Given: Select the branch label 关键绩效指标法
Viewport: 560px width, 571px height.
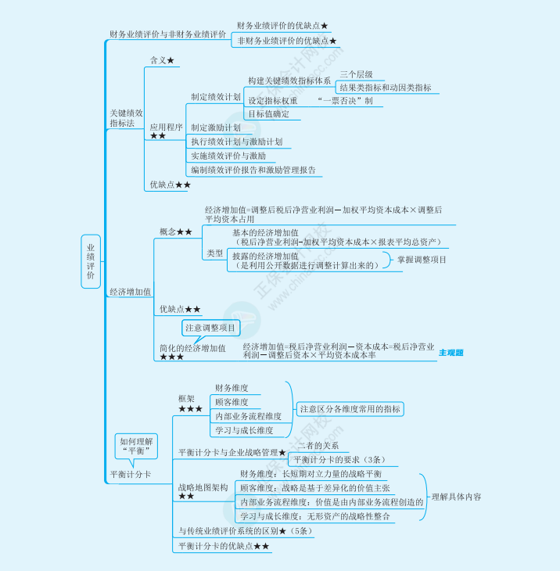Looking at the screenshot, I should click(126, 118).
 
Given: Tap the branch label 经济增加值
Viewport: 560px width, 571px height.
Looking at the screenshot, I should click(130, 292).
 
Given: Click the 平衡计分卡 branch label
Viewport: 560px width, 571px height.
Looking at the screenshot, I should click(130, 474).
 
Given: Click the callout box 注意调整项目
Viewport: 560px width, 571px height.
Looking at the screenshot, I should click(210, 328).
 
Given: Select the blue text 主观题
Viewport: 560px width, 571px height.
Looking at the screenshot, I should click(451, 353).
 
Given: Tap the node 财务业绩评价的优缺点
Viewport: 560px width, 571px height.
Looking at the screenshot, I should click(282, 27).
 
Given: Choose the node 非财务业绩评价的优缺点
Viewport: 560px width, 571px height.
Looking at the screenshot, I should click(286, 41).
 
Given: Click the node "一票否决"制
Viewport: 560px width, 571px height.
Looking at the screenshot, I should click(346, 101).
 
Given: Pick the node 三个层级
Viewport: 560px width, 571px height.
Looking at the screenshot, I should click(356, 74).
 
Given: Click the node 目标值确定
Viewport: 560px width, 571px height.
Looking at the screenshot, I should click(269, 113).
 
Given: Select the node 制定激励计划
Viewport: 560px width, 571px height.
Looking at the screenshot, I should click(216, 127).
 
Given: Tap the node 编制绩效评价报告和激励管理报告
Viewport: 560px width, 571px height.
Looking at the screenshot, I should click(253, 170).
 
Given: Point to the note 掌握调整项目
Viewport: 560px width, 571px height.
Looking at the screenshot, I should click(422, 260).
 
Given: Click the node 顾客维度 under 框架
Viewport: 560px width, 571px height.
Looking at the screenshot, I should click(232, 402).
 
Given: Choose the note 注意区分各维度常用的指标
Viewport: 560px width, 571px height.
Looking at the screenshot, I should click(349, 409).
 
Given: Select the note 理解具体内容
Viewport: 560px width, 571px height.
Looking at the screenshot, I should click(456, 496).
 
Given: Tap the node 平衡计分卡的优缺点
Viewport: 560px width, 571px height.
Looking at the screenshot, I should click(224, 545).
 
